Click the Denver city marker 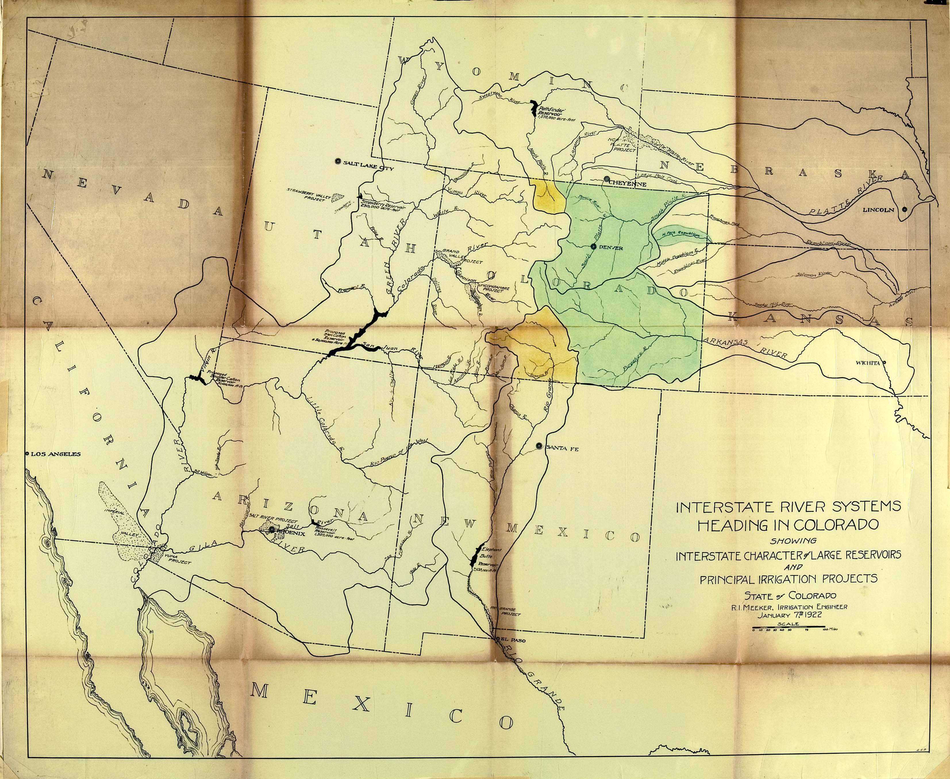pos(593,246)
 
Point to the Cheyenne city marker pos(606,179)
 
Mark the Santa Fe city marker pos(538,446)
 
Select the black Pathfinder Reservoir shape pos(534,108)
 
